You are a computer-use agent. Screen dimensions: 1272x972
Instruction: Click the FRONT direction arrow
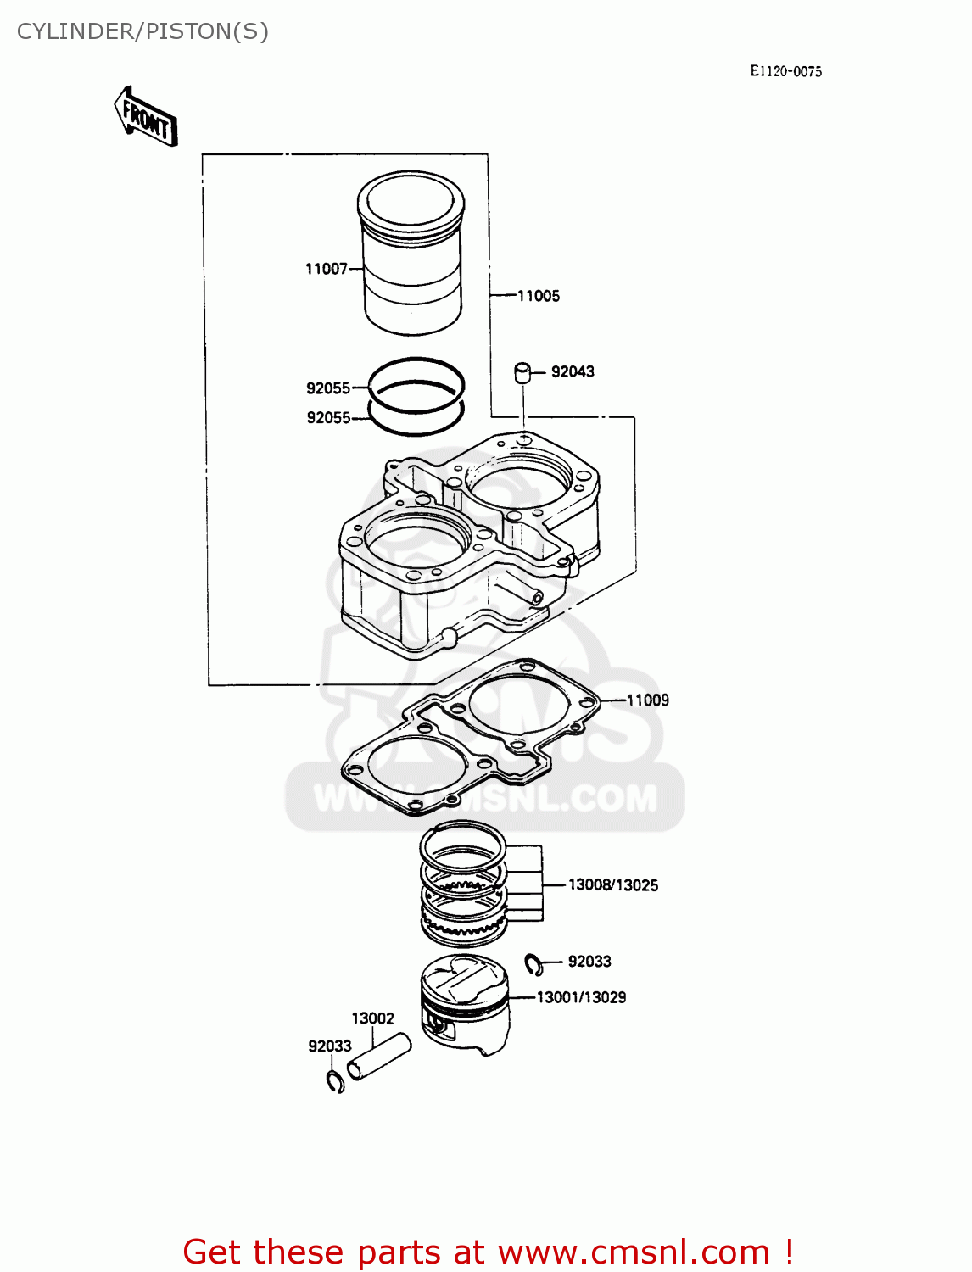coord(146,118)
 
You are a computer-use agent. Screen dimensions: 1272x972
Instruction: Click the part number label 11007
coord(327,269)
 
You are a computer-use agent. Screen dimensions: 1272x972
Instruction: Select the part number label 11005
coord(539,296)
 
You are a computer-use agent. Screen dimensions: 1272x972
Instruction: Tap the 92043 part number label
coord(573,371)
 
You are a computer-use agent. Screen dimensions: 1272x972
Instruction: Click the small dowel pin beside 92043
coord(522,373)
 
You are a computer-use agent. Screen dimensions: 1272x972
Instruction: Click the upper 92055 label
coord(328,388)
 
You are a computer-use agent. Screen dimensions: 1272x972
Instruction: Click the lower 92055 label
coord(328,418)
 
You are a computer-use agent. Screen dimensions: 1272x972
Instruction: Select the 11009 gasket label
coord(648,700)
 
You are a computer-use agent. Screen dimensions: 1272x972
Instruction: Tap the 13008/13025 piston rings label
coord(612,885)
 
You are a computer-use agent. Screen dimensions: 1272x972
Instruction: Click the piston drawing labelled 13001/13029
coord(466,1005)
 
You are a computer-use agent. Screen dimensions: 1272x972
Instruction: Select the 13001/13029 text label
coord(581,998)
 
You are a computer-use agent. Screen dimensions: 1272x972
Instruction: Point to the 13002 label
coord(373,1018)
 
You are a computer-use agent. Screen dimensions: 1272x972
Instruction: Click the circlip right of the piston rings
coord(533,964)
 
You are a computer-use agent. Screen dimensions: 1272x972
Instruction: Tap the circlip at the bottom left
coord(335,1082)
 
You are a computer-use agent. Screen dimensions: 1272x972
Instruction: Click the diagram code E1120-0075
coord(785,72)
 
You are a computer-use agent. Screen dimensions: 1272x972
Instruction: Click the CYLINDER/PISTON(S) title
coord(142,31)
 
